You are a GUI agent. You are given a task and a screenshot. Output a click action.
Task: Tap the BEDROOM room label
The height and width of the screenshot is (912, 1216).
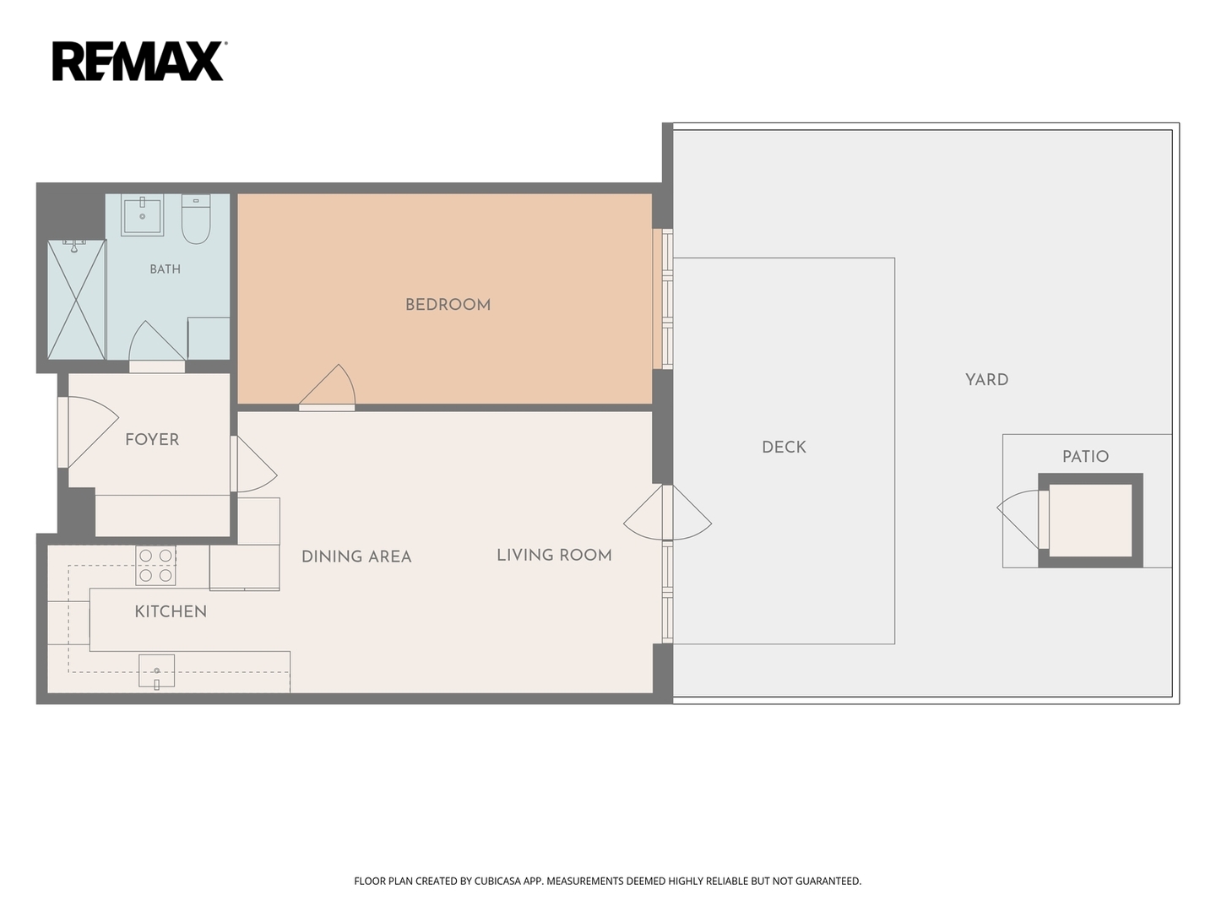(448, 305)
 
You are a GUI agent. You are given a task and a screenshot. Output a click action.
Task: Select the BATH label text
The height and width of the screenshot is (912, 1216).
(165, 269)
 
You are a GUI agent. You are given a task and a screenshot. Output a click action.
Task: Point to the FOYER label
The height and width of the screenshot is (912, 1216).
(152, 440)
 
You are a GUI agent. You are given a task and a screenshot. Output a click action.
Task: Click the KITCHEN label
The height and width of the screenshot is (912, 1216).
(171, 611)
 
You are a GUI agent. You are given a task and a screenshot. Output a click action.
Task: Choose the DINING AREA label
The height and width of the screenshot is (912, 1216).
(356, 556)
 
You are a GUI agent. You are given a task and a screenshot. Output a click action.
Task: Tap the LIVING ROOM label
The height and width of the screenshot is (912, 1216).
(554, 555)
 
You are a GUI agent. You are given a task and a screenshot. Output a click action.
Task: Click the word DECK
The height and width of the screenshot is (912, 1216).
(784, 447)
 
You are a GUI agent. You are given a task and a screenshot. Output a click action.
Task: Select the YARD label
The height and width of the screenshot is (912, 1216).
(986, 380)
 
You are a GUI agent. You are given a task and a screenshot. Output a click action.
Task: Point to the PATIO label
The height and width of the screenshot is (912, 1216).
(1085, 456)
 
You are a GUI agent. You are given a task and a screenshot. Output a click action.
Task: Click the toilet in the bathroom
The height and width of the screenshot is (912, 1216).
(196, 220)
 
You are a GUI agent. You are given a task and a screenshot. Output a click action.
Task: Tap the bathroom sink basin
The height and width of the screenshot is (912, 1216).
(143, 214)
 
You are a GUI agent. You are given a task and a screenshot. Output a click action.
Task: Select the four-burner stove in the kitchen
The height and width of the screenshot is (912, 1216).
(155, 566)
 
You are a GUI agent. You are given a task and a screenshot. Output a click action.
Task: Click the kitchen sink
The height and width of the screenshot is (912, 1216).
(157, 670)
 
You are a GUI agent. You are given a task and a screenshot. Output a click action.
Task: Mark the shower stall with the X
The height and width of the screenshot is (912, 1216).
(77, 300)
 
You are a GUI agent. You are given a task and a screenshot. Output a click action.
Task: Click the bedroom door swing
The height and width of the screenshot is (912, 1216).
(327, 387)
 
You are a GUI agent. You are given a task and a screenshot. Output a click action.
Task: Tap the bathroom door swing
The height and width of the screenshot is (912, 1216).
(157, 345)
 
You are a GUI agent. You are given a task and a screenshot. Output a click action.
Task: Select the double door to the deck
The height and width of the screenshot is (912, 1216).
(668, 513)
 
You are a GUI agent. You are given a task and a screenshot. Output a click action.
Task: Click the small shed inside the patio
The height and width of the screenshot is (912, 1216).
(1090, 520)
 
